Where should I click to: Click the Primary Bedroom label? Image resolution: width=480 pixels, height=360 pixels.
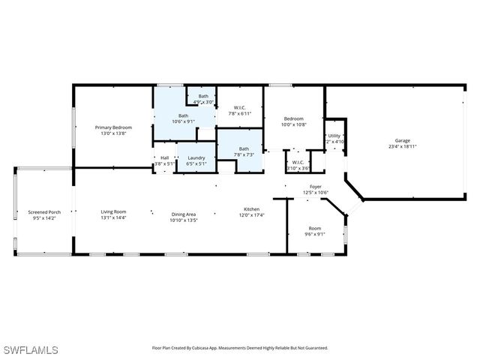tap(113, 127)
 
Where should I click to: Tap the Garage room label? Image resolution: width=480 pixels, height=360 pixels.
tap(403, 140)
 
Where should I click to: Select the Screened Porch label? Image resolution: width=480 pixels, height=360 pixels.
tap(44, 212)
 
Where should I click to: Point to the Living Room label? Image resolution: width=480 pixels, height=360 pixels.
tap(113, 212)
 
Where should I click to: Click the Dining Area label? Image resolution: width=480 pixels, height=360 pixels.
tap(183, 214)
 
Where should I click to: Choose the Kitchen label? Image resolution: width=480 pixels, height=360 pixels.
tap(252, 209)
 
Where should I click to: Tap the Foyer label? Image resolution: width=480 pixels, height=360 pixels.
tap(315, 187)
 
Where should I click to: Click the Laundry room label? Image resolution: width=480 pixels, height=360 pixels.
tap(196, 157)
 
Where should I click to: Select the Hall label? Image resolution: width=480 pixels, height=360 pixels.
tap(164, 157)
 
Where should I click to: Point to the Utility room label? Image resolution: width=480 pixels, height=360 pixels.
tap(334, 136)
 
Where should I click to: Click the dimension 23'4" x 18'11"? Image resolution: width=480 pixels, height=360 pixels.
tap(403, 147)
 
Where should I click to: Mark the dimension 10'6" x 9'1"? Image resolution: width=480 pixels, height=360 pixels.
tap(183, 121)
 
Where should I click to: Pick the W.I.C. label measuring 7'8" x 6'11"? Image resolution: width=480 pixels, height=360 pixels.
tap(240, 108)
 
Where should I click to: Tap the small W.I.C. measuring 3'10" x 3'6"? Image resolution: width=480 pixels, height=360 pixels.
tap(297, 168)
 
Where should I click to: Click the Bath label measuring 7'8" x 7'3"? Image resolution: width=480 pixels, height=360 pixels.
tap(244, 148)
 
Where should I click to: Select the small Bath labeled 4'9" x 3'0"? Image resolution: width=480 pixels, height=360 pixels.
tap(203, 96)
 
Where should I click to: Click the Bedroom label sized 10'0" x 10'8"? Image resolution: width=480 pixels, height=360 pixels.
tap(293, 118)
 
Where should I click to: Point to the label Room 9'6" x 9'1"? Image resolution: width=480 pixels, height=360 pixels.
tap(315, 228)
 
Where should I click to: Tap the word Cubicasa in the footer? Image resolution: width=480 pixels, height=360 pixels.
tap(209, 348)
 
